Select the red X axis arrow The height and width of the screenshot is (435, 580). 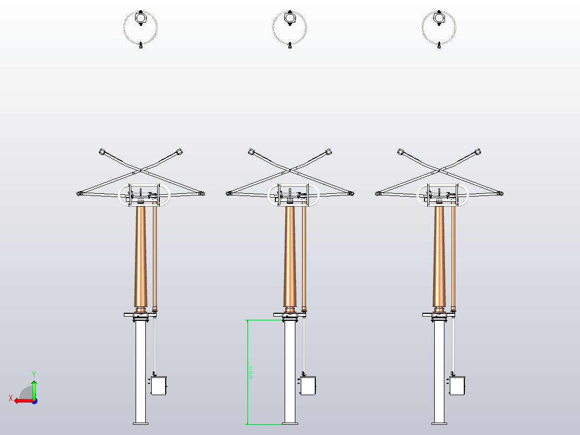(x=22, y=401)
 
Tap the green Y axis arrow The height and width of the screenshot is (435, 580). (x=34, y=388)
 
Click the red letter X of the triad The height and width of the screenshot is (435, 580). (x=10, y=398)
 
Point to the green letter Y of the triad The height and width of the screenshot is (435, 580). (x=34, y=374)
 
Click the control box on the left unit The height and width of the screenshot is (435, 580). (x=159, y=386)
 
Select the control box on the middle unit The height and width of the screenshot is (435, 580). (x=308, y=386)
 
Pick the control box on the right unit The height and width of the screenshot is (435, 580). (x=458, y=386)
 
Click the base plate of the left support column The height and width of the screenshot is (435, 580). (x=140, y=423)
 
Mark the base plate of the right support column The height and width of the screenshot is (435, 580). (x=440, y=423)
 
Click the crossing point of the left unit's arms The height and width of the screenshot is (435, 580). (x=141, y=170)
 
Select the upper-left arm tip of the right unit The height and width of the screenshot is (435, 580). (x=401, y=152)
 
